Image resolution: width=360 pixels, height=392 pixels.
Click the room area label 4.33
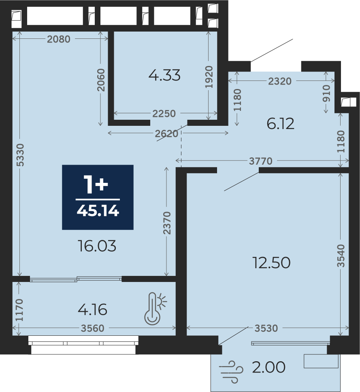164,75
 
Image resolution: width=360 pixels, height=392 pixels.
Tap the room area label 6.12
281,124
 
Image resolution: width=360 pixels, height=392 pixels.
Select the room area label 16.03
97,246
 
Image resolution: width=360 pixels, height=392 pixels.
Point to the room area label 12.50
272,263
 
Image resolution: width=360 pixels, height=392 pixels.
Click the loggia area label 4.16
93,310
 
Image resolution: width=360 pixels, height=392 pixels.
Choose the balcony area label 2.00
269,367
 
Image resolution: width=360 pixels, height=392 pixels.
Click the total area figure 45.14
98,211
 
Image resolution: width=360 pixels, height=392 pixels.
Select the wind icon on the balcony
231,372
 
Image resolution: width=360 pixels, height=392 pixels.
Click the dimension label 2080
59,39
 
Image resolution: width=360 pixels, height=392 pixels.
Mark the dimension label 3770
261,161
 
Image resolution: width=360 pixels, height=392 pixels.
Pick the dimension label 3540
341,256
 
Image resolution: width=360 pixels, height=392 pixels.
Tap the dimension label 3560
93,328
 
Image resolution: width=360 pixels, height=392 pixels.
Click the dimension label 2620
166,134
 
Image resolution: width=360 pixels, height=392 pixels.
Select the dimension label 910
326,93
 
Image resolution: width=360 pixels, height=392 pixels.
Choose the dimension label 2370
167,223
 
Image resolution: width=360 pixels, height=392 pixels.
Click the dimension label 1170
19,310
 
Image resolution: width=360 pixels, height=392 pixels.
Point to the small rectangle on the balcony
321,361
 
